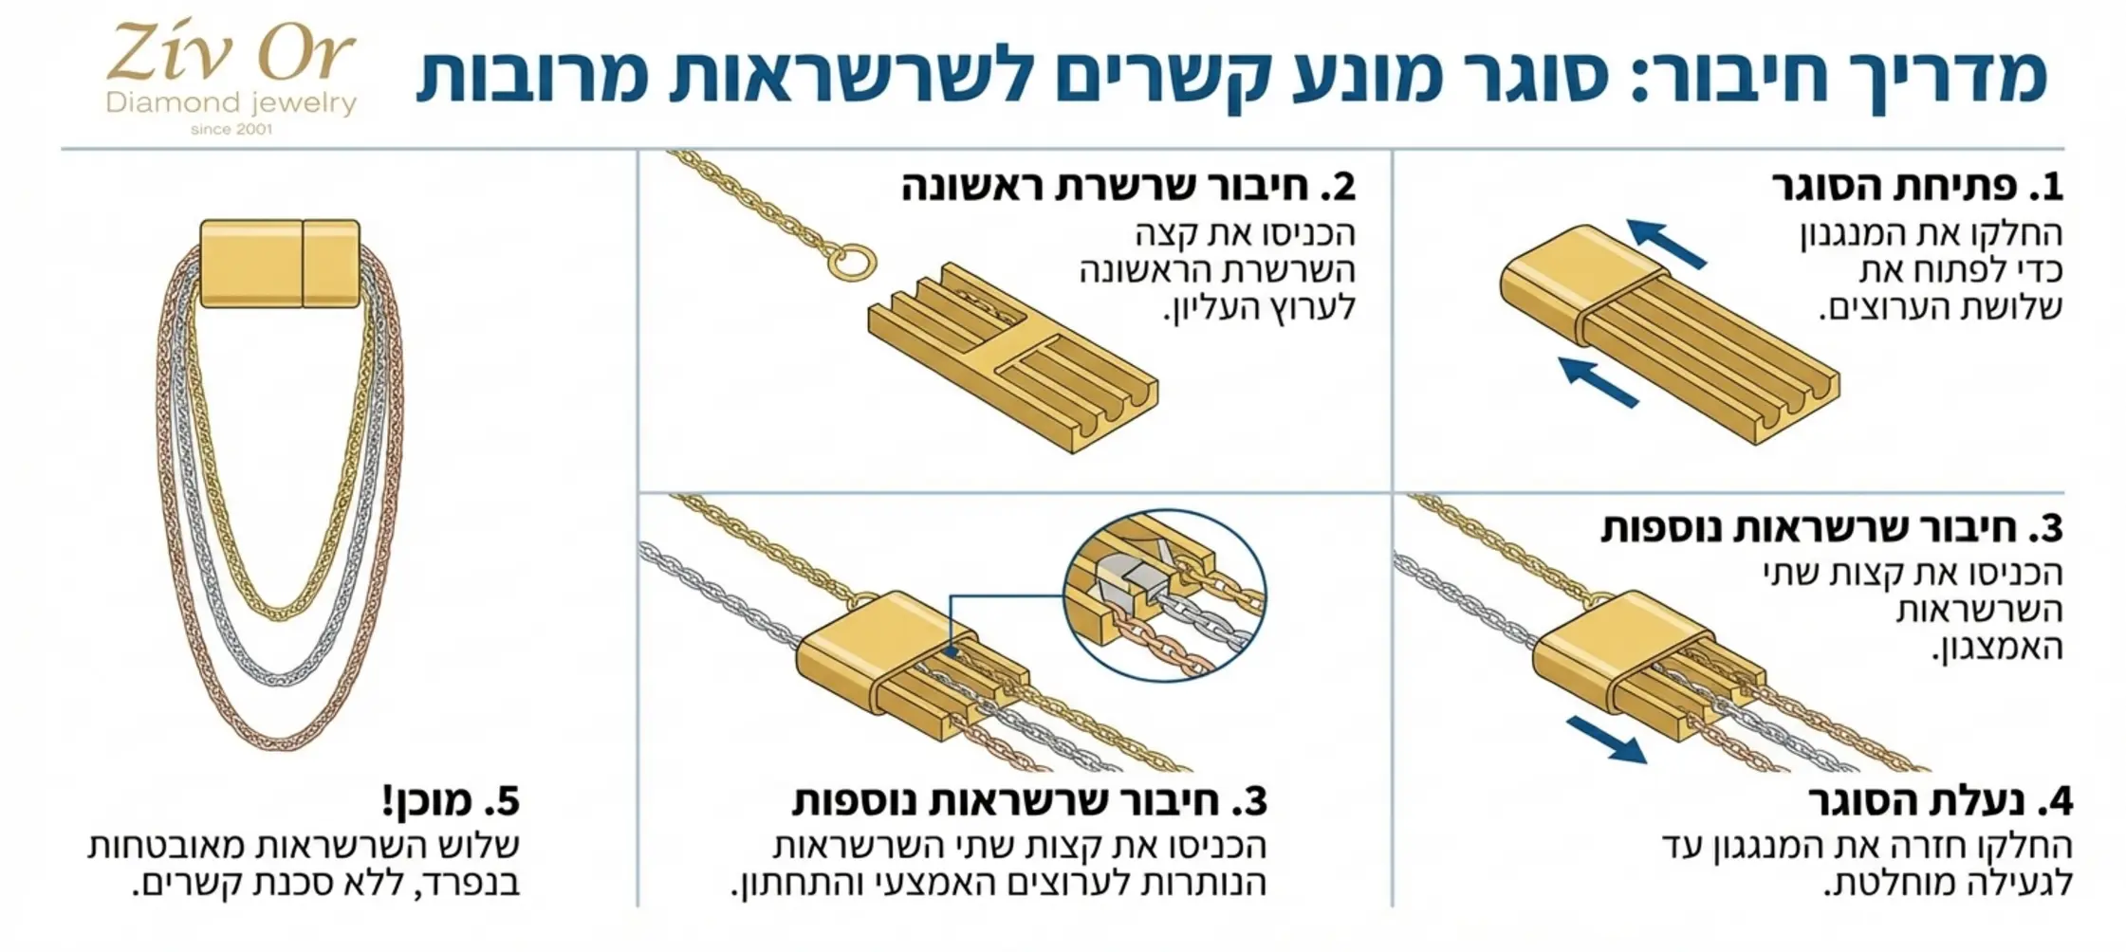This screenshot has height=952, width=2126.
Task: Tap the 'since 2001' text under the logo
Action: (x=231, y=129)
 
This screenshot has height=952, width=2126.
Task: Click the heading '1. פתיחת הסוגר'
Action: (x=1917, y=187)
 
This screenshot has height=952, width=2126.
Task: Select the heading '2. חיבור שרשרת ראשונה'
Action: (x=1128, y=187)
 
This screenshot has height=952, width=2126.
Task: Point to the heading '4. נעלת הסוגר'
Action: (x=1940, y=802)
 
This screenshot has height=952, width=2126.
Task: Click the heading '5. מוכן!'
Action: (x=451, y=802)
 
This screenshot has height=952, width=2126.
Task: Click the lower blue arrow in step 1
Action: (x=1599, y=381)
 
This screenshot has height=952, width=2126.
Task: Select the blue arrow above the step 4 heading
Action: (x=1605, y=739)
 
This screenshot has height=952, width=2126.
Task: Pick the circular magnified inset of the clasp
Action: (x=1164, y=595)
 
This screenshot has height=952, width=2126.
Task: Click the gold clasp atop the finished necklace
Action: (x=280, y=263)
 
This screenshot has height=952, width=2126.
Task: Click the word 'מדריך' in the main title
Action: (x=1934, y=76)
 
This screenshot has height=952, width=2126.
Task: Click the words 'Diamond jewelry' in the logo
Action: (x=231, y=102)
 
